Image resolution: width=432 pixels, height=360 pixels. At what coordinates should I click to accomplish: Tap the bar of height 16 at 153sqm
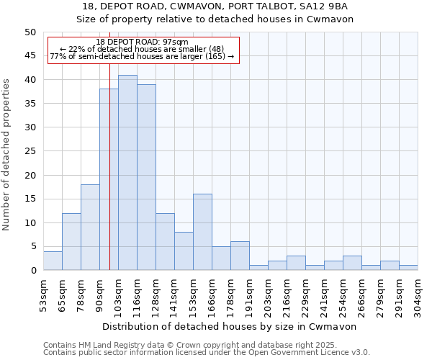(x=202, y=232)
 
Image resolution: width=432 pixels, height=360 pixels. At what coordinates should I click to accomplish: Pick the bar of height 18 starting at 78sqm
(x=90, y=228)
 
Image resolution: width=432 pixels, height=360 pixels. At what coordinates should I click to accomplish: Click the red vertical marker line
(x=109, y=180)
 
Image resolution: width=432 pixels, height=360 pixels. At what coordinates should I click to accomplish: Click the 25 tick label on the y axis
(x=30, y=151)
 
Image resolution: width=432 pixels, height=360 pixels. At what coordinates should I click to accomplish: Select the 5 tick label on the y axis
(x=32, y=247)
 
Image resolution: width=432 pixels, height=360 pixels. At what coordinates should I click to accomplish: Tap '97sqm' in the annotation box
(x=175, y=42)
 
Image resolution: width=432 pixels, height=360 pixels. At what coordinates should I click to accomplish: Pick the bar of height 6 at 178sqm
(x=240, y=256)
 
